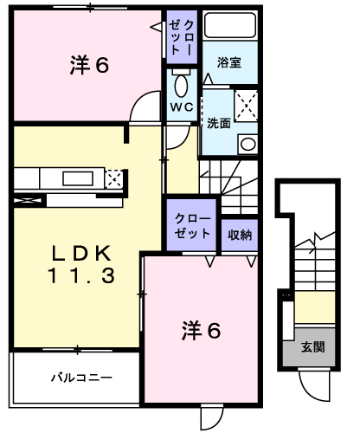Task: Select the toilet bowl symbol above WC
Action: click(181, 86)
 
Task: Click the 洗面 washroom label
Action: click(218, 123)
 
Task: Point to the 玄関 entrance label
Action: click(312, 347)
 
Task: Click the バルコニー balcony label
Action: click(80, 378)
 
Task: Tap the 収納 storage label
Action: click(240, 234)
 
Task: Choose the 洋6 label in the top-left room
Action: click(88, 65)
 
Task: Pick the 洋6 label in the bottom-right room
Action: click(201, 330)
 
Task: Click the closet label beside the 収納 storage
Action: click(191, 227)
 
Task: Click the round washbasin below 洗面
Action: click(247, 144)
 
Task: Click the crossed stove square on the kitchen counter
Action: click(112, 179)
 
